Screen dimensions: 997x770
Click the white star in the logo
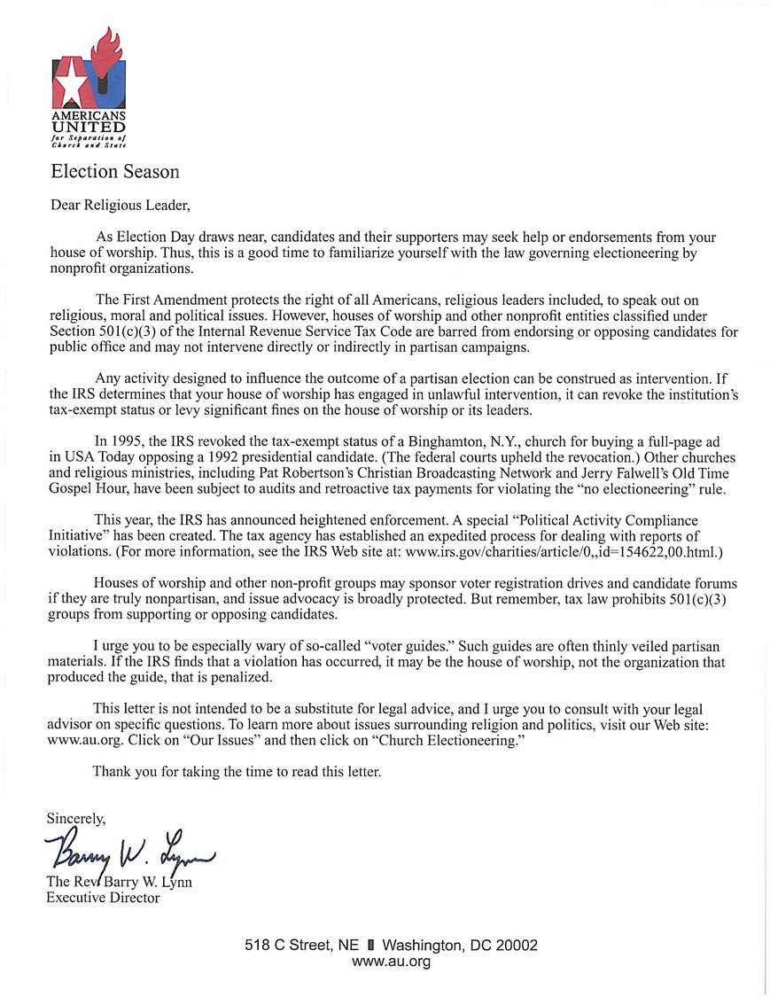(70, 85)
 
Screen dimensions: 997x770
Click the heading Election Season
(114, 171)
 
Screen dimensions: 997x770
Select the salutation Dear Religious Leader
(120, 206)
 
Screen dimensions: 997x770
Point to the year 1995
(133, 440)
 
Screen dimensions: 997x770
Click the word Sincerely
(76, 820)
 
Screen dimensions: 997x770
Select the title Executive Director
(103, 898)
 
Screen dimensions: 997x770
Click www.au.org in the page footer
(391, 962)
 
